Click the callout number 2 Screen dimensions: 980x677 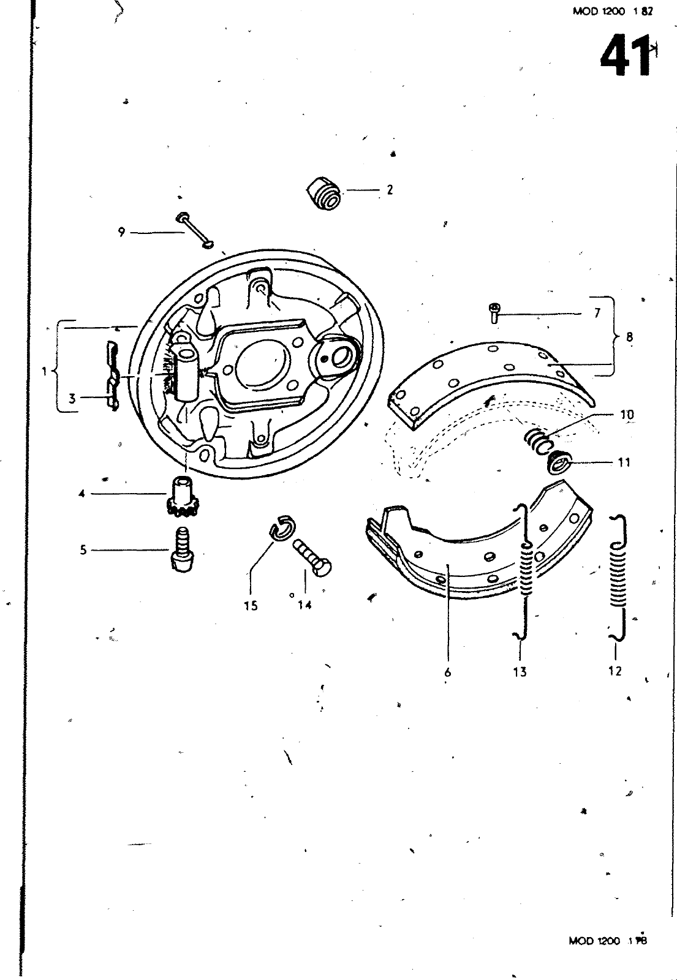click(x=390, y=190)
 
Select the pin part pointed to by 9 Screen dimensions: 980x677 click(x=195, y=231)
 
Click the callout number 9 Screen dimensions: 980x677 click(x=121, y=232)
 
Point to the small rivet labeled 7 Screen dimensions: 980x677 click(x=494, y=312)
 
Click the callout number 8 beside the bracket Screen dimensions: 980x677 click(x=630, y=336)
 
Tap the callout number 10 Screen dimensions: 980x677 click(x=627, y=415)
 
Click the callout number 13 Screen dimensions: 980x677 click(x=520, y=672)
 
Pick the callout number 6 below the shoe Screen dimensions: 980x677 click(x=448, y=672)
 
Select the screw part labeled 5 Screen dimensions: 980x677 click(x=180, y=550)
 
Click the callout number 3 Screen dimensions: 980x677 click(x=72, y=399)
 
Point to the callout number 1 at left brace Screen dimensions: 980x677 click(x=44, y=371)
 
